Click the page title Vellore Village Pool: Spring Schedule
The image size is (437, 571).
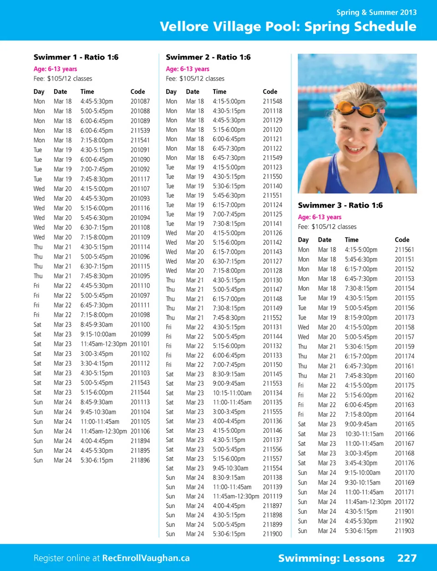[x=288, y=26]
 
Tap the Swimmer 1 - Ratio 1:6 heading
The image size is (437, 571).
[x=76, y=57]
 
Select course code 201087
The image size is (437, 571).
[x=140, y=101]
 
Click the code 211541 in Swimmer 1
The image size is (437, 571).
[x=140, y=140]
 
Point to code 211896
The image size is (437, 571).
[x=140, y=460]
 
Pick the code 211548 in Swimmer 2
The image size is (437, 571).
[x=272, y=101]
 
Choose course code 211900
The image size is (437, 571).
[x=272, y=534]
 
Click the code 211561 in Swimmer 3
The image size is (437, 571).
[x=404, y=250]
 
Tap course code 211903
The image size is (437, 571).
[x=404, y=531]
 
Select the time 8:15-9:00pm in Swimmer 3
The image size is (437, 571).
[x=361, y=318]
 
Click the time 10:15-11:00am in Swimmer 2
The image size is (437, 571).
[x=232, y=393]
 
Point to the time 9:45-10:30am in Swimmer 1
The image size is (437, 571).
[x=98, y=412]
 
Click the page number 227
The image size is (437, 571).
[x=407, y=558]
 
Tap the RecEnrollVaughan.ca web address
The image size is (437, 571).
[x=146, y=558]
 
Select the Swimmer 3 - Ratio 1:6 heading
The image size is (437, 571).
[x=340, y=206]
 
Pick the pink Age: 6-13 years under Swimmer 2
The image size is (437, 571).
[x=188, y=69]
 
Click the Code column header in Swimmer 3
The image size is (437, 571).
[x=402, y=240]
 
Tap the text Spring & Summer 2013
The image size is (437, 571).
[x=376, y=12]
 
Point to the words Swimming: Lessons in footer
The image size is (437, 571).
[x=331, y=558]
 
